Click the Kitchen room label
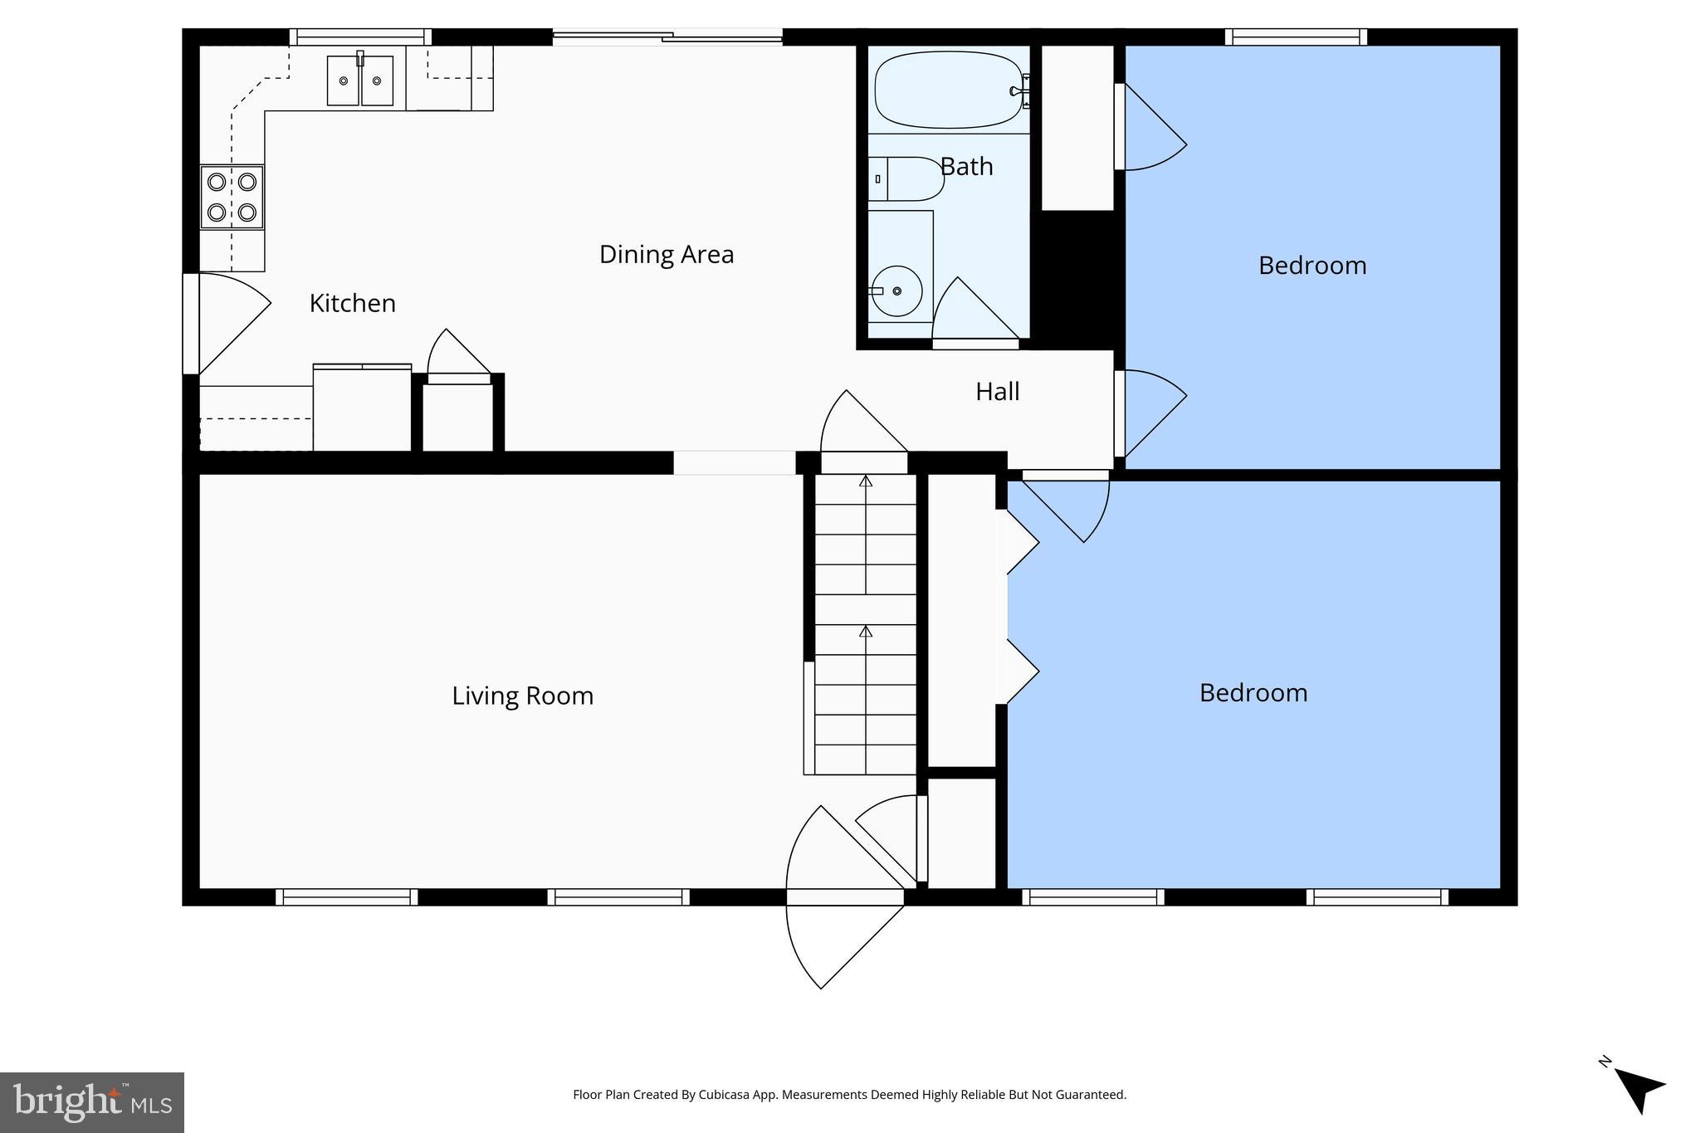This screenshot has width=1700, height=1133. pyautogui.click(x=352, y=304)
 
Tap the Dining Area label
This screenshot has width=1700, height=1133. pyautogui.click(x=667, y=255)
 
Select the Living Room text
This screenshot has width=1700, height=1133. pyautogui.click(x=522, y=696)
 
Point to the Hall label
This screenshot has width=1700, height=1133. pyautogui.click(x=997, y=392)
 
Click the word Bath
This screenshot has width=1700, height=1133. pyautogui.click(x=967, y=167)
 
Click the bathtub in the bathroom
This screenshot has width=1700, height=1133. pyautogui.click(x=947, y=90)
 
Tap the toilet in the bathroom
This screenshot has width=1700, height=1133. pyautogui.click(x=910, y=178)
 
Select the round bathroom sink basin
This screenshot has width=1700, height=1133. pyautogui.click(x=897, y=291)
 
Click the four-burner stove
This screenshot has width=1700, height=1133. pyautogui.click(x=232, y=197)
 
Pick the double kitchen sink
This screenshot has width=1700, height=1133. pyautogui.click(x=359, y=81)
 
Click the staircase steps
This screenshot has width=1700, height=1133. pyautogui.click(x=865, y=623)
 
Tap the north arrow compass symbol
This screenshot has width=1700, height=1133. pyautogui.click(x=1638, y=1088)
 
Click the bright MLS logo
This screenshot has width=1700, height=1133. pyautogui.click(x=91, y=1102)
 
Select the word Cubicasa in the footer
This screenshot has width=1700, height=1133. pyautogui.click(x=719, y=1095)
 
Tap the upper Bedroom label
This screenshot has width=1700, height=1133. pyautogui.click(x=1312, y=266)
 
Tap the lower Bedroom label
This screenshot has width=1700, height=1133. pyautogui.click(x=1253, y=693)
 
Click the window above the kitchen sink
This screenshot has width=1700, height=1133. pyautogui.click(x=360, y=37)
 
